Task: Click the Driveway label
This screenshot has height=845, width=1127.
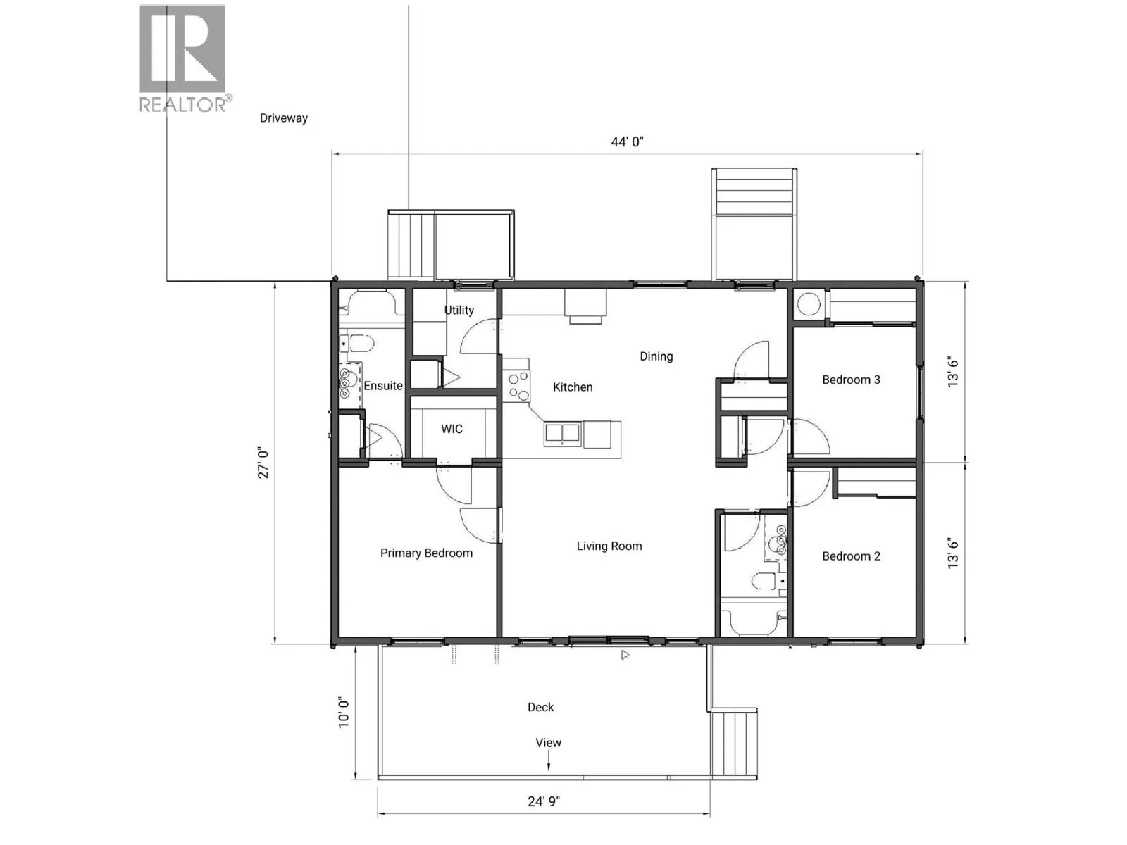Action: click(284, 118)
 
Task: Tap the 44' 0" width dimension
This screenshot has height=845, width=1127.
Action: click(627, 142)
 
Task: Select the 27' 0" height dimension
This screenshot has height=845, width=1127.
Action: click(263, 463)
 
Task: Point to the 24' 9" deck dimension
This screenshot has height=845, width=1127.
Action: click(544, 801)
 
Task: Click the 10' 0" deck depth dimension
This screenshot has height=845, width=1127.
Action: click(344, 712)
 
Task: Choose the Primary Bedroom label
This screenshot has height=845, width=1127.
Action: click(426, 553)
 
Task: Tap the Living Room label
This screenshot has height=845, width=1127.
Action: click(609, 546)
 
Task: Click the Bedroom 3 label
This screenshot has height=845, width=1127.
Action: click(851, 380)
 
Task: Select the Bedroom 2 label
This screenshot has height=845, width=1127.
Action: click(851, 556)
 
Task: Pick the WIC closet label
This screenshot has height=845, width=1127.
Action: click(452, 429)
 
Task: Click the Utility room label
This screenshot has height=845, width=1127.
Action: click(459, 310)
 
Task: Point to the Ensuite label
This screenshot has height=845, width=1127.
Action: click(383, 386)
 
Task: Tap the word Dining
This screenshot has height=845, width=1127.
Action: click(656, 356)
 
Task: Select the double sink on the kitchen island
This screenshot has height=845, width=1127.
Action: click(562, 434)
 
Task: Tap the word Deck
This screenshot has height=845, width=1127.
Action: click(541, 707)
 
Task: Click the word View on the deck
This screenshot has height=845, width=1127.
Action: click(548, 743)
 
